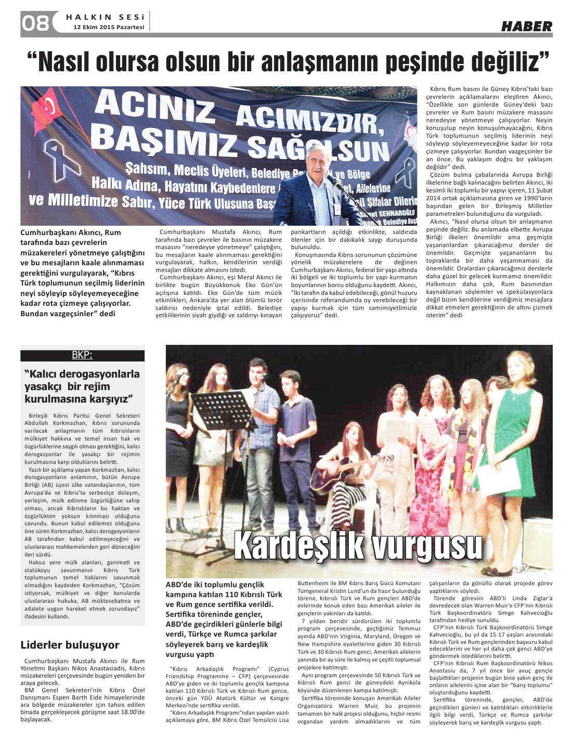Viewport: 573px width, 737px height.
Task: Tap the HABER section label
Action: pos(526,26)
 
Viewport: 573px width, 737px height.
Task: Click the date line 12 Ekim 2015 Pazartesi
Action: pos(109,27)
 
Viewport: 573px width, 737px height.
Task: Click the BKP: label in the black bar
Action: pos(82,355)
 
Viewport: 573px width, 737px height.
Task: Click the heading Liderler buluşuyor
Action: pos(70,645)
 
